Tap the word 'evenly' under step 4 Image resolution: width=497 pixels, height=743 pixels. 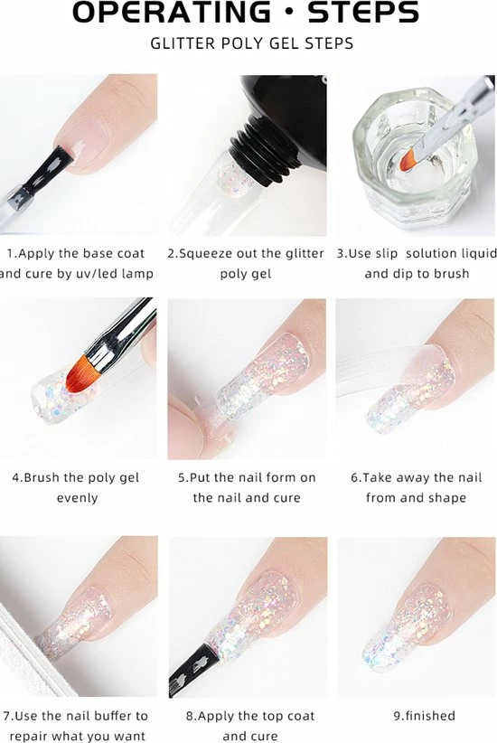pyautogui.click(x=77, y=498)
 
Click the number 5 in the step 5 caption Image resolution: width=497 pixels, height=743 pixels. pyautogui.click(x=182, y=477)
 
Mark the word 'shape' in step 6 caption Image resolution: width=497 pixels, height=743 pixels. pyautogui.click(x=449, y=498)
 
